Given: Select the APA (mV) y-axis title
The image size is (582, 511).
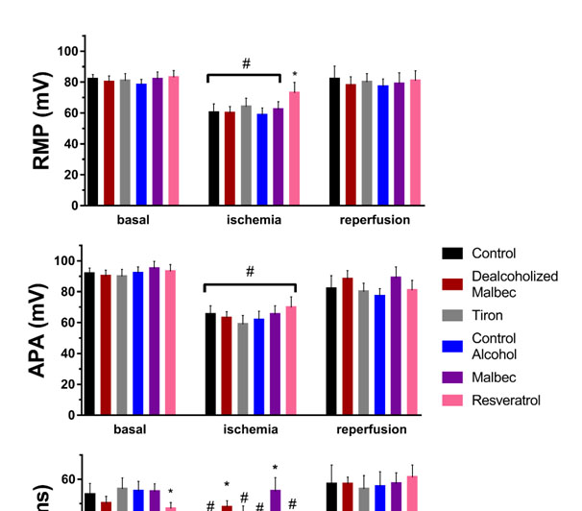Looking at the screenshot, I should pos(44,338).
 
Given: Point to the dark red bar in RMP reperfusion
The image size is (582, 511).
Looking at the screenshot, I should pos(352,145).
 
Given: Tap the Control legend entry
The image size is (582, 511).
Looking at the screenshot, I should pos(494,254).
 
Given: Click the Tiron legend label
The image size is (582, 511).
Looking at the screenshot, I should pos(488,315).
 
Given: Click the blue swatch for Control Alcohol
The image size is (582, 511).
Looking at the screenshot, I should pos(454,346).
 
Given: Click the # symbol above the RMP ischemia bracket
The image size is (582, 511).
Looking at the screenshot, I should pos(246,63).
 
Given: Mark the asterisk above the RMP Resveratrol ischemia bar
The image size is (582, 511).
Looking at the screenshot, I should pos(295,75).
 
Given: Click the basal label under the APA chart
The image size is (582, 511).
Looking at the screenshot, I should pos(130,429).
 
